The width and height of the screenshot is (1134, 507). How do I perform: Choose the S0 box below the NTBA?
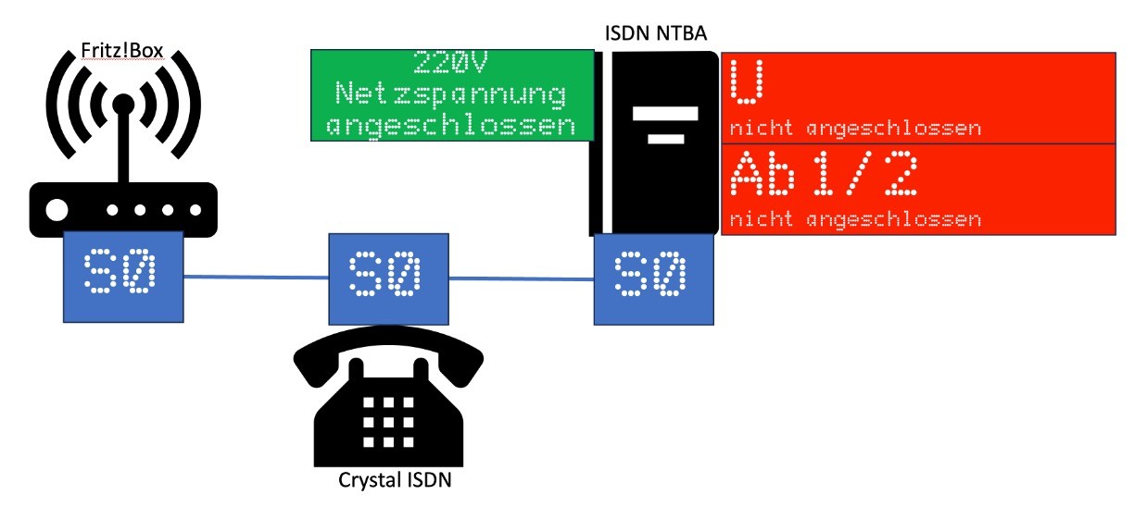pos(654,278)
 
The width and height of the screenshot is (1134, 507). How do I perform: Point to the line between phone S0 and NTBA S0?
pos(521,276)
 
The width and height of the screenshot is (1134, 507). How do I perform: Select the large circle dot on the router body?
pos(57,210)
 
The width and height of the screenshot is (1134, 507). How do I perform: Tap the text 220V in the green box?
pos(450,65)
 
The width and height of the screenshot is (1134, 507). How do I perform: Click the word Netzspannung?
pos(450,94)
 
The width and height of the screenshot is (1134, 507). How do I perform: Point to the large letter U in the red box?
pos(744,81)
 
